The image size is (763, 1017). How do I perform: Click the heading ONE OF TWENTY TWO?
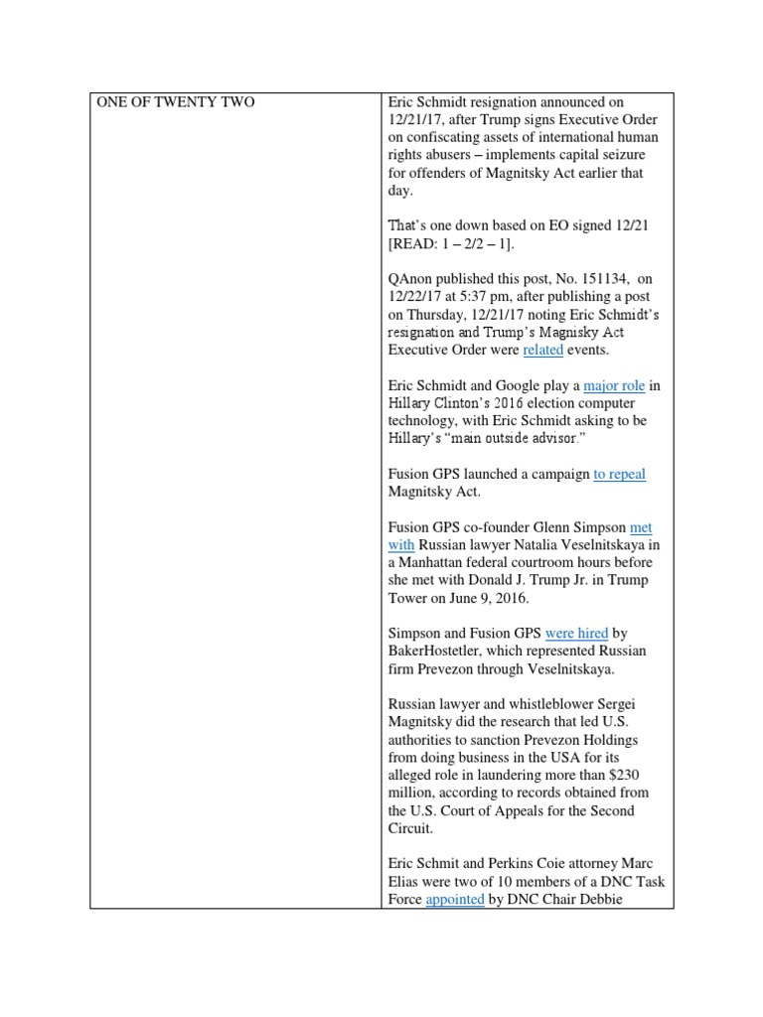(175, 102)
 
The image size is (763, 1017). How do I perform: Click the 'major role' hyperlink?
(614, 385)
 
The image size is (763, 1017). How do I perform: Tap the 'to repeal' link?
(619, 474)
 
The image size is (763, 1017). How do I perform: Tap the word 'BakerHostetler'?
(440, 651)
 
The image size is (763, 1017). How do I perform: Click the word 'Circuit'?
(412, 828)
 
